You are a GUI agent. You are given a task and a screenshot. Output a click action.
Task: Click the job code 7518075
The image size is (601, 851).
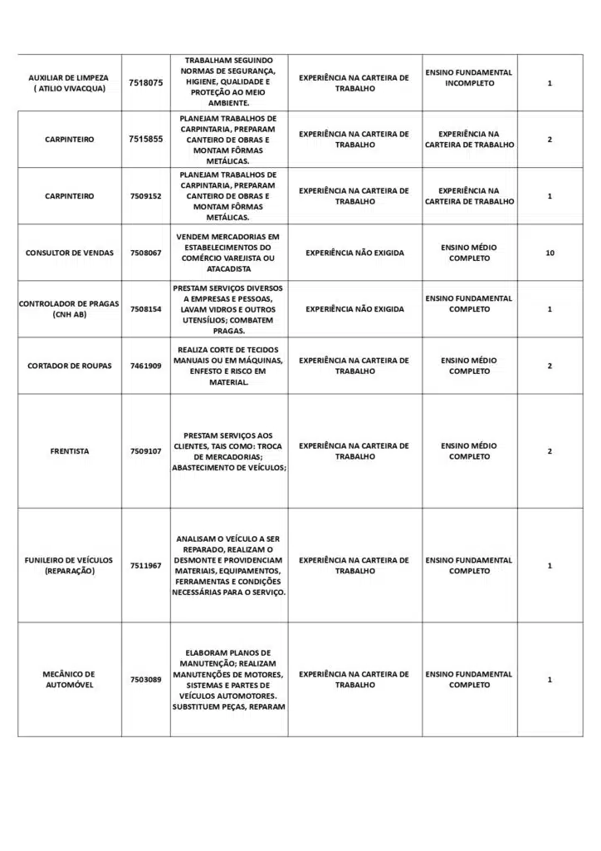[x=146, y=83]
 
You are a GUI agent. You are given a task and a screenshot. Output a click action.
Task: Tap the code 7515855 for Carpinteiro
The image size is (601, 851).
[x=146, y=140]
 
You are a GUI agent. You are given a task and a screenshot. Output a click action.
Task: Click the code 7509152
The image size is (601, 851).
[x=146, y=196]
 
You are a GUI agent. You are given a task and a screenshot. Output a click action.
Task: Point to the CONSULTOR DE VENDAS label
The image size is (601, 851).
[x=70, y=253]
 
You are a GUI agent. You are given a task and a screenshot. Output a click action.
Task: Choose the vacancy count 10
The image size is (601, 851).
[x=550, y=253]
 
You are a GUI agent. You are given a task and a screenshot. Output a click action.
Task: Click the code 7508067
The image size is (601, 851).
[x=146, y=253]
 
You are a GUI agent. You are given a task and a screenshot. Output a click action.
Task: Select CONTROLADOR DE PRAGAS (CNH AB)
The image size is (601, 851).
[x=69, y=309]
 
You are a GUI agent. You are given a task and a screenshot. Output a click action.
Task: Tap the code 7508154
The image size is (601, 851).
[x=146, y=309]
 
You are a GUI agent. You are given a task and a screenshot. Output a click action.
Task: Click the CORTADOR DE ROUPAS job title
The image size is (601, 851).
[x=70, y=366]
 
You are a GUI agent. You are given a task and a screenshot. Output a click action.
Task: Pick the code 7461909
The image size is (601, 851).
[x=146, y=366]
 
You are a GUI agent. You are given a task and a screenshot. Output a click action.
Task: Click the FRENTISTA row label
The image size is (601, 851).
[x=70, y=451]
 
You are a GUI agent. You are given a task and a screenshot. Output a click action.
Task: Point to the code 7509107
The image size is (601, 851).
[x=146, y=451]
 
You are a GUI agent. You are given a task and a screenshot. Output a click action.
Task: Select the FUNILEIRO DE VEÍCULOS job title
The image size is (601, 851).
[x=69, y=566]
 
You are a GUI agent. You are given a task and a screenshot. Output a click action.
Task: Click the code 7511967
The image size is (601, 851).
[x=146, y=566]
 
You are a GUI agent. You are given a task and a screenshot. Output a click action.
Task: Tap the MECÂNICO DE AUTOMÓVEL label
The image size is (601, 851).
[x=69, y=680]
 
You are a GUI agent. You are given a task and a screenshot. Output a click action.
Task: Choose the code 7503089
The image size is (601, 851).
[x=146, y=680]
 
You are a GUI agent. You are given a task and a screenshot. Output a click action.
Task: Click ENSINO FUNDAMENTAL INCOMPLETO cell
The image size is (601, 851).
[x=469, y=78]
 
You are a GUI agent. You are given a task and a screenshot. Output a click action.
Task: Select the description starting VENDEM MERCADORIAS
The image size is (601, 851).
[x=228, y=253]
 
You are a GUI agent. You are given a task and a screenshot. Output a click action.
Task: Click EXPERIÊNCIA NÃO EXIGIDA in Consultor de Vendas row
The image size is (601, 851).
[x=354, y=253]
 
